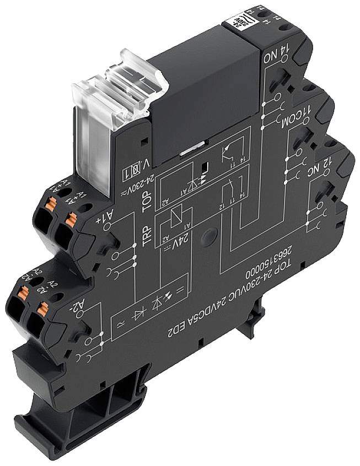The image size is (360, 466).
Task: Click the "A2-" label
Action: coord(83,307)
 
